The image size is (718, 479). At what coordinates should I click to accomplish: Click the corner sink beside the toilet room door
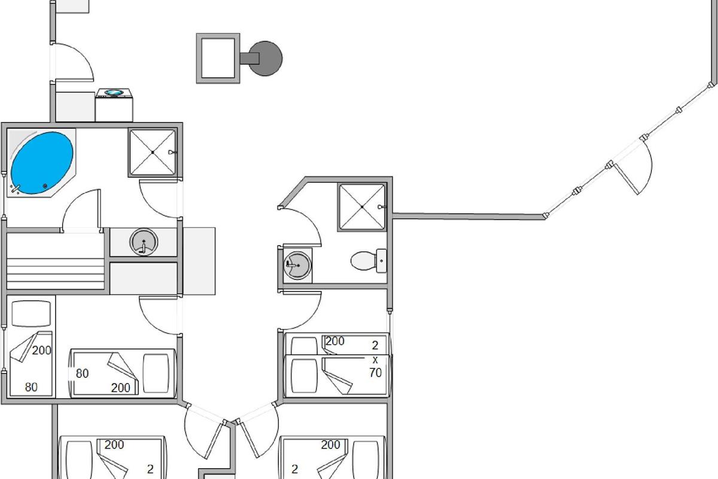pos(297,263)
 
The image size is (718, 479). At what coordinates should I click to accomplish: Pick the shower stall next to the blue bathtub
pos(153,153)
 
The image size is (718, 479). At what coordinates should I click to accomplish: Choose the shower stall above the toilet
pos(363,207)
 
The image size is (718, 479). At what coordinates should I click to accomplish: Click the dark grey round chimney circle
pos(265,58)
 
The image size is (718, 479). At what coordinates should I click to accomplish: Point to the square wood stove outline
pos(218,58)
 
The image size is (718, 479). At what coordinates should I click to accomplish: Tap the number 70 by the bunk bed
pos(375,373)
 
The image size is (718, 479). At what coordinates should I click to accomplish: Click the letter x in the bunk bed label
pos(375,360)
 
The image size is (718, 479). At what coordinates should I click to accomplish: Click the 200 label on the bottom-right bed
pos(330,445)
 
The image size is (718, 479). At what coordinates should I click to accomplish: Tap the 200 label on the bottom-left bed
pos(114,445)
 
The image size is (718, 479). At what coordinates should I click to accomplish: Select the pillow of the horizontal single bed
pos(157,372)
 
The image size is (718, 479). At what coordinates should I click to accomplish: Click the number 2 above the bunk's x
pos(375,345)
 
